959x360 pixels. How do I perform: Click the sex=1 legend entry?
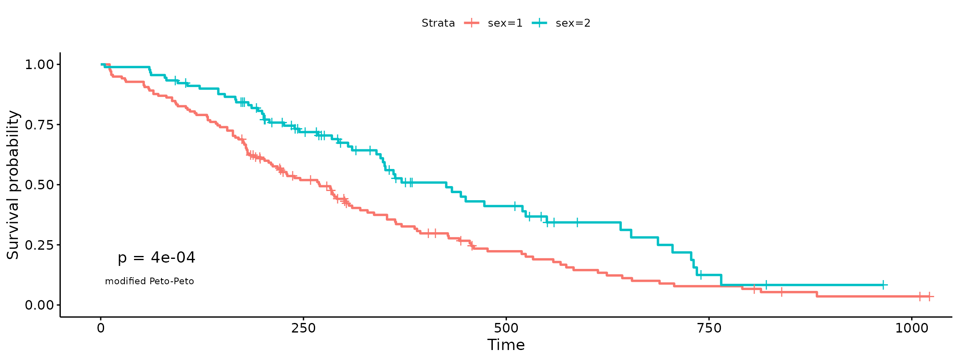pos(493,23)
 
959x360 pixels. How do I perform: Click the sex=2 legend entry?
pos(561,23)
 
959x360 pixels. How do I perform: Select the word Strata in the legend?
pos(438,23)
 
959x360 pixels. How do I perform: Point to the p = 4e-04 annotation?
pos(157,258)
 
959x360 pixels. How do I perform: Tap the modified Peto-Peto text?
pos(149,281)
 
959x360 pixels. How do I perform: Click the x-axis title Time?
pos(506,345)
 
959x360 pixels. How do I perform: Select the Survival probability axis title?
pos(13,185)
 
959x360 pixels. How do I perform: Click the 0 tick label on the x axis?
pos(101,328)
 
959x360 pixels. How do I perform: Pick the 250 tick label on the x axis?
pos(303,328)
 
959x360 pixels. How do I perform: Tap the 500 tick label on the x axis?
pos(506,328)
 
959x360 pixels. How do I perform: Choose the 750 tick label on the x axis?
pos(709,328)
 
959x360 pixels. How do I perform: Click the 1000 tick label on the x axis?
pos(912,328)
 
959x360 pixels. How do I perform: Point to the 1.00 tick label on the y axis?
pos(40,65)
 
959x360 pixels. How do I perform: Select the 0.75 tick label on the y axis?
pos(40,125)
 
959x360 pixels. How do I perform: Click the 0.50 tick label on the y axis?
pos(40,185)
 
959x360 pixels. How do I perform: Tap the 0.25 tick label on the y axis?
pos(40,245)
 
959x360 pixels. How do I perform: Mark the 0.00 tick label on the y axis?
pos(40,305)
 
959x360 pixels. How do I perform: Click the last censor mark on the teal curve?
pos(883,285)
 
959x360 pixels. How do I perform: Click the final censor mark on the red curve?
pos(929,296)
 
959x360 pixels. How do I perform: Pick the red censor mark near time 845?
pos(781,292)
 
